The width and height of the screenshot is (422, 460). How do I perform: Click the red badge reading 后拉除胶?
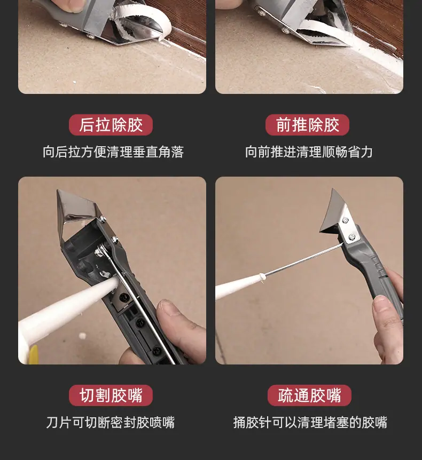111,125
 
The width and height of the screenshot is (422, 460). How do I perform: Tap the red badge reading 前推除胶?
308,125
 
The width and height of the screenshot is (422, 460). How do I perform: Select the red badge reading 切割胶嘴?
111,395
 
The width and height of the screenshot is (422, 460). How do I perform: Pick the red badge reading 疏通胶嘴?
309,395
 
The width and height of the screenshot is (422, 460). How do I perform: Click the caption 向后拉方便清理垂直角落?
113,152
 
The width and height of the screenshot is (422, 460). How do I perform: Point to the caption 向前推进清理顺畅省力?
309,152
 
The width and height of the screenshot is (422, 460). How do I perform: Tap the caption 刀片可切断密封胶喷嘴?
111,423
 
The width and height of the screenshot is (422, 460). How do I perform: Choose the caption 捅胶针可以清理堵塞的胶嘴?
310,423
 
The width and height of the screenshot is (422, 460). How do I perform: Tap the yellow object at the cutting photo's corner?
33,354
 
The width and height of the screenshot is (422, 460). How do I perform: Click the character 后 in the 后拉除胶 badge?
87,125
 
